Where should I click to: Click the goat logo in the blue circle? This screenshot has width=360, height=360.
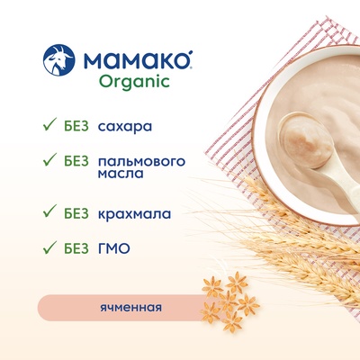coord(58,60)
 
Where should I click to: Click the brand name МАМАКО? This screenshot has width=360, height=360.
coord(137,60)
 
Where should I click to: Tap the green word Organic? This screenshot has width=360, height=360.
coord(134,81)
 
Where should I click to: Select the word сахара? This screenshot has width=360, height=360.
coord(125,126)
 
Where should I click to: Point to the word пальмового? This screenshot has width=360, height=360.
coord(141,162)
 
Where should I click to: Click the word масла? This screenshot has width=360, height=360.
coord(121,174)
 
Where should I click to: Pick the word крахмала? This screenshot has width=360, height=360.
coord(134,214)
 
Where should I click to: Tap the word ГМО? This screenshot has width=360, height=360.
coord(114,248)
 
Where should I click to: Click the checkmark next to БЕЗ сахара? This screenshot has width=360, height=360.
coord(49,124)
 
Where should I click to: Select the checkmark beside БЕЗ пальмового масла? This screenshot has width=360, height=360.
coord(49,159)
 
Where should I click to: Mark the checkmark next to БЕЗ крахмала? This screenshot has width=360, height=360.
coord(49,211)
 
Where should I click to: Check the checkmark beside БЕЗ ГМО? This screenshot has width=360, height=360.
coord(49,247)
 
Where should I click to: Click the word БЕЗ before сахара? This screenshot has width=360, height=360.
coord(76,126)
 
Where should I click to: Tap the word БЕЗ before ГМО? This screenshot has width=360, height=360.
coord(76,248)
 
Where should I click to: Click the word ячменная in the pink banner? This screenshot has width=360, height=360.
coord(130,308)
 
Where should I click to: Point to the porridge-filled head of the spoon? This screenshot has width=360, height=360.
coord(306,140)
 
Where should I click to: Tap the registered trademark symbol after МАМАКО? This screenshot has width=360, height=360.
coord(190,53)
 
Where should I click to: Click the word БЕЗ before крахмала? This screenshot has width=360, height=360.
coord(76,213)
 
